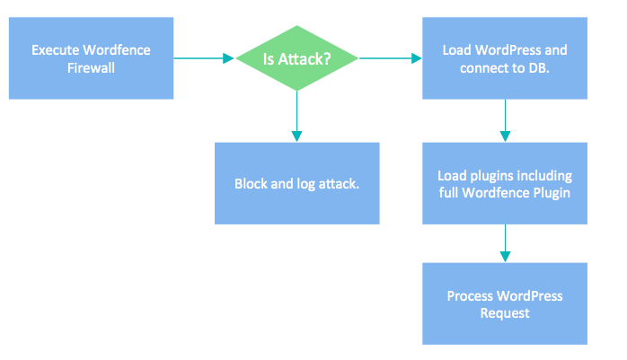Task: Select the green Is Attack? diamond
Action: click(296, 58)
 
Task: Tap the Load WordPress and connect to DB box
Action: click(505, 57)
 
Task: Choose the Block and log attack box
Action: click(296, 183)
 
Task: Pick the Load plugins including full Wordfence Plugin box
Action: click(505, 183)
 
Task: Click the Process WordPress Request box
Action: click(505, 303)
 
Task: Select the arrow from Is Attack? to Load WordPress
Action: click(391, 58)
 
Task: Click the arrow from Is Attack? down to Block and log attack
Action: click(296, 117)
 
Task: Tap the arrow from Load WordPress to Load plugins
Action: click(505, 120)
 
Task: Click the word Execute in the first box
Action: click(54, 50)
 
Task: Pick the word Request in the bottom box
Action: click(505, 313)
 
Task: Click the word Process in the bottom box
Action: click(469, 295)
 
